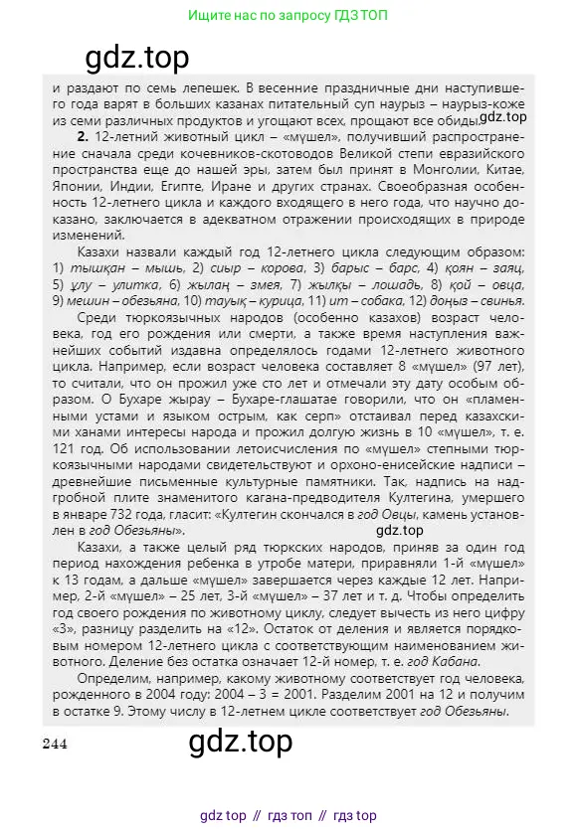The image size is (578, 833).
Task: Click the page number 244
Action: coord(55,745)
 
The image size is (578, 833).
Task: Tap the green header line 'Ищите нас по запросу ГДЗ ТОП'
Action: coord(289,17)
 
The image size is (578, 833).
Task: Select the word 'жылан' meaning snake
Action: coord(213,285)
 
